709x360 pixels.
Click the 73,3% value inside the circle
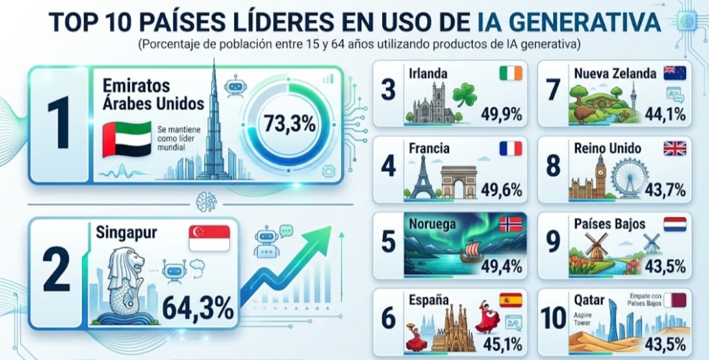click(289, 124)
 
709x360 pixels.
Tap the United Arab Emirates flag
click(127, 139)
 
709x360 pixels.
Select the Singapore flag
click(209, 239)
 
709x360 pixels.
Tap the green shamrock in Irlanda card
click(465, 95)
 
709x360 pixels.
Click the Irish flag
click(511, 73)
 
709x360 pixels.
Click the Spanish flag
click(511, 300)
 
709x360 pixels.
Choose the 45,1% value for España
click(502, 344)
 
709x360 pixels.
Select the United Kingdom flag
click(675, 148)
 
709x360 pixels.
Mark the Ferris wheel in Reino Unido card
click(630, 178)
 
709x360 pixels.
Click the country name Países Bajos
click(610, 224)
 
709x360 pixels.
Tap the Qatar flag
click(675, 300)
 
